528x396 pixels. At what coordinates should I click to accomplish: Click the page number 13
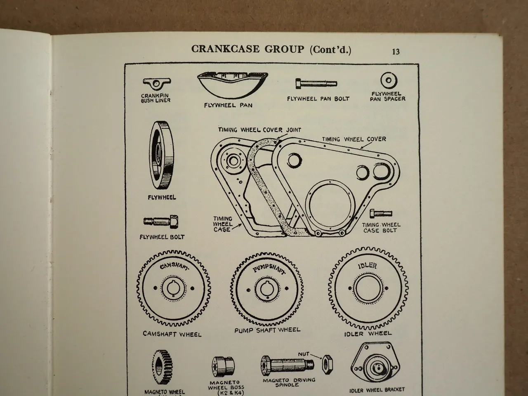(x=396, y=52)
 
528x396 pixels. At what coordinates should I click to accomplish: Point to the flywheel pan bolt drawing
(x=316, y=84)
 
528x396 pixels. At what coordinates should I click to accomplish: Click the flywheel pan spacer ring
(x=388, y=80)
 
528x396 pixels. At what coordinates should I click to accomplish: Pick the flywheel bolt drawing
(x=161, y=222)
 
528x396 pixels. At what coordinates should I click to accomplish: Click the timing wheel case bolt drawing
(x=382, y=214)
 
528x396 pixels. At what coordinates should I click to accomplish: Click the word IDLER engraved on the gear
(x=367, y=265)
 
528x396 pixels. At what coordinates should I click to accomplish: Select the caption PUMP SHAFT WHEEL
(x=267, y=330)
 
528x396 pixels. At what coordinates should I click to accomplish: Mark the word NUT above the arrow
(x=303, y=354)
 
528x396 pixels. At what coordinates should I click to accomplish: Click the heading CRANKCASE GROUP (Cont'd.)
(x=271, y=49)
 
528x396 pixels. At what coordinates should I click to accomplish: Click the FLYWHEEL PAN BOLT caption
(x=318, y=99)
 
